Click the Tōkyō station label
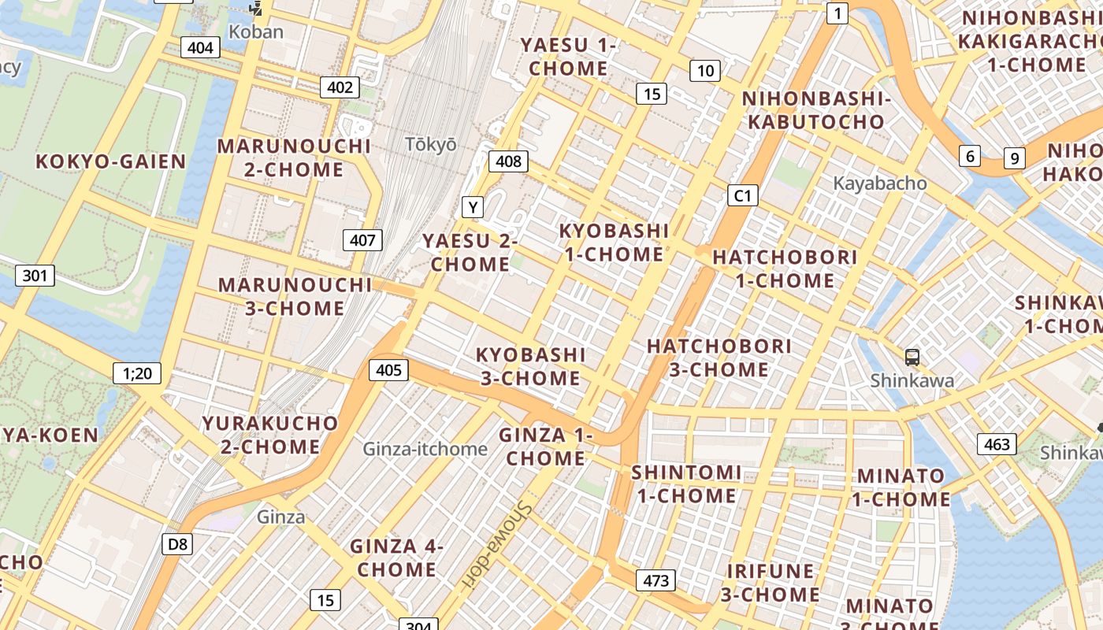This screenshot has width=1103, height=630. click(x=430, y=144)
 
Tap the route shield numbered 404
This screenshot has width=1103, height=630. click(x=200, y=47)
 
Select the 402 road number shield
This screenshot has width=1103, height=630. click(x=340, y=87)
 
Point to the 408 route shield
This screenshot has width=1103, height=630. click(x=508, y=161)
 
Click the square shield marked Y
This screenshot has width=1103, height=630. click(x=472, y=207)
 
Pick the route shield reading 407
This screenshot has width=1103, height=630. click(x=362, y=240)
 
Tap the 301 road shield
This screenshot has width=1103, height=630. click(x=35, y=276)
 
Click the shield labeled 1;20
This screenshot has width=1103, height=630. click(x=137, y=372)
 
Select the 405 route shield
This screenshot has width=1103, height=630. click(x=388, y=369)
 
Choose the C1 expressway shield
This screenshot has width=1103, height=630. click(x=741, y=195)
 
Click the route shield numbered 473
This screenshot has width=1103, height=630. click(x=655, y=580)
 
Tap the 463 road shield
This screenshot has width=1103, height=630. click(x=997, y=444)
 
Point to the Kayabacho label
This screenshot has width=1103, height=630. click(x=880, y=183)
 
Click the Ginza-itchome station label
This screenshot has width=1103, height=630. click(x=425, y=449)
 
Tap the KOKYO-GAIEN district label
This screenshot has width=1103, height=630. click(x=111, y=161)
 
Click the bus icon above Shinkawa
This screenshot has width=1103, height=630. click(x=912, y=358)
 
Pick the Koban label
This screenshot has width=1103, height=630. click(x=256, y=32)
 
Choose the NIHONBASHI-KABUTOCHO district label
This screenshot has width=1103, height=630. click(x=816, y=110)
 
